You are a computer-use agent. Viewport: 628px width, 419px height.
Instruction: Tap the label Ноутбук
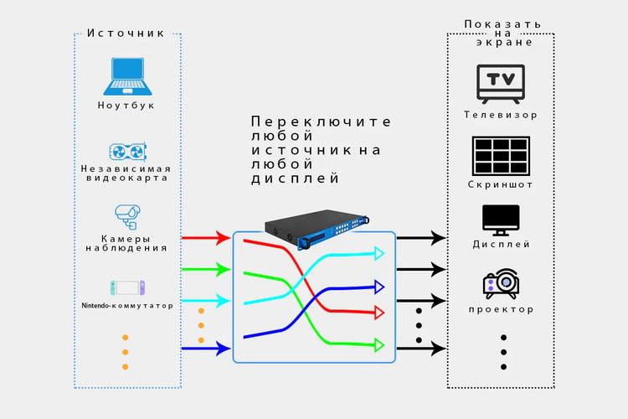click(126, 106)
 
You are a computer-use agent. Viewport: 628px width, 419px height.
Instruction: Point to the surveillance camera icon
click(127, 215)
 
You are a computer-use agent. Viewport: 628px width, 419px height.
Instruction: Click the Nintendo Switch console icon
click(126, 287)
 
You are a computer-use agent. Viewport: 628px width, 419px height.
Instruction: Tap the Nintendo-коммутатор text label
click(127, 306)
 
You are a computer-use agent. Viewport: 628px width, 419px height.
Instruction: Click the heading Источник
click(127, 34)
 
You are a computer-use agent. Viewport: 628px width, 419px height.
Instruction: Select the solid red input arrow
click(205, 238)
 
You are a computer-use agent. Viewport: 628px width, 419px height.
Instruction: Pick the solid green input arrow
click(205, 269)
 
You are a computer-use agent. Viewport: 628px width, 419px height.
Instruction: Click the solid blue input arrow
click(205, 347)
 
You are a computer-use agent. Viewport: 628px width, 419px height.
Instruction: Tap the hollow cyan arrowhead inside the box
click(378, 253)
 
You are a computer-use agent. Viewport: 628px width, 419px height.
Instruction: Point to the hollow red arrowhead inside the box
click(378, 312)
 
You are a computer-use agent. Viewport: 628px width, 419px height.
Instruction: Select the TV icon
click(500, 83)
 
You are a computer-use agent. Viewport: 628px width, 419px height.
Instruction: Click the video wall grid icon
click(500, 155)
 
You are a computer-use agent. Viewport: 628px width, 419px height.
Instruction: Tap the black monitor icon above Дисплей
click(501, 220)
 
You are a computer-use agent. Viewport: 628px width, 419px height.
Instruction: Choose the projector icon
click(501, 283)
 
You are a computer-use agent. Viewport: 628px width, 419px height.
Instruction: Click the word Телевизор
click(501, 115)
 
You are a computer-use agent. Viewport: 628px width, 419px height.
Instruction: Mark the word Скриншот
click(501, 184)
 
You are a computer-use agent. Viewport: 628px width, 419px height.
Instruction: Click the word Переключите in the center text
click(321, 122)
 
